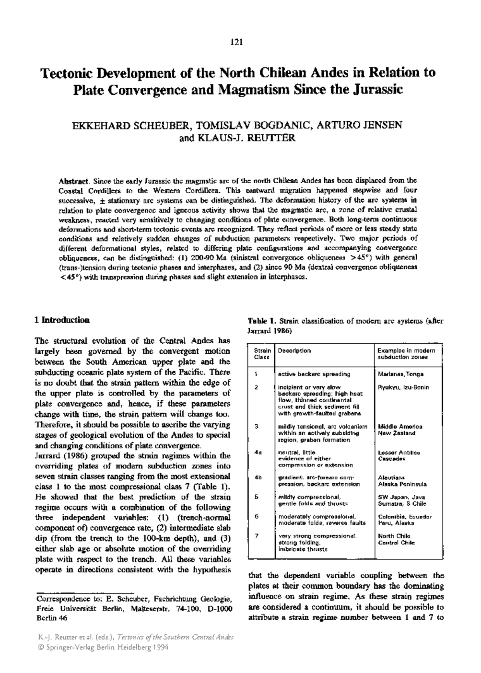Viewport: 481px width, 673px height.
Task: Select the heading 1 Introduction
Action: [x=62, y=320]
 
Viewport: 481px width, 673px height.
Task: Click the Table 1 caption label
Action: [x=262, y=321]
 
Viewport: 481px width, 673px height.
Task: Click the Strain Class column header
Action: [x=261, y=354]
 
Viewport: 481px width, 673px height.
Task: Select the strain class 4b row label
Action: [x=258, y=478]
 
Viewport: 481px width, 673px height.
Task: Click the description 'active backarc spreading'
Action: [x=314, y=374]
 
